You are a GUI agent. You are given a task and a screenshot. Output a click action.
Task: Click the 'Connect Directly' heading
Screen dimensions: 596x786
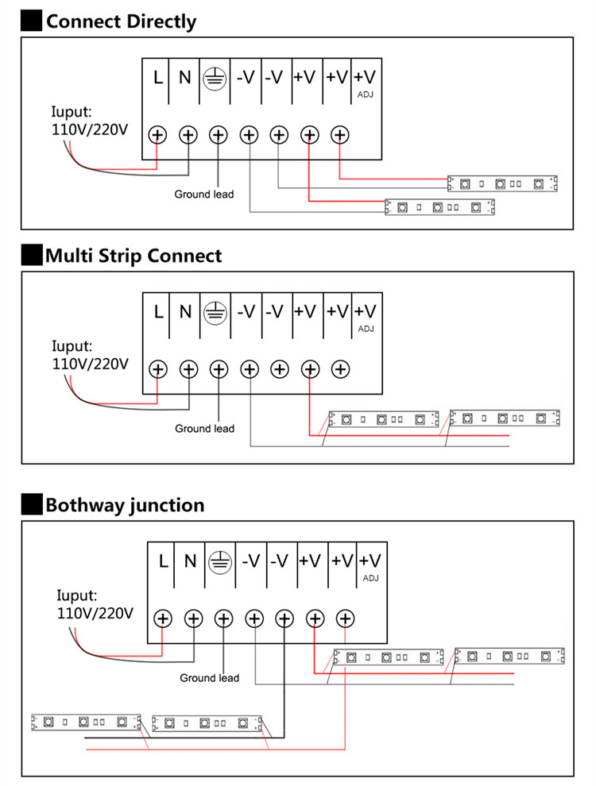[x=121, y=21]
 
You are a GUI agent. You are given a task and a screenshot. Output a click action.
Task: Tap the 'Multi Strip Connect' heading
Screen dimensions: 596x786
[x=134, y=256]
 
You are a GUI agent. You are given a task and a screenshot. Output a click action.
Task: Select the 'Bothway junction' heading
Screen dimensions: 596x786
[x=125, y=505]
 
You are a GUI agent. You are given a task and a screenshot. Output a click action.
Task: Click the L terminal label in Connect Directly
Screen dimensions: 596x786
[x=158, y=78]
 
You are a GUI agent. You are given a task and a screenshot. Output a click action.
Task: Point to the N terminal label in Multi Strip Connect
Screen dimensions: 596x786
[x=186, y=312]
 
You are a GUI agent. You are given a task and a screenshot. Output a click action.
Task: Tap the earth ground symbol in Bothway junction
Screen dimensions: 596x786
[x=220, y=561]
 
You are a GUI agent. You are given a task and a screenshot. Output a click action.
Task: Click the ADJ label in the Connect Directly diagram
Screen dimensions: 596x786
[x=366, y=94]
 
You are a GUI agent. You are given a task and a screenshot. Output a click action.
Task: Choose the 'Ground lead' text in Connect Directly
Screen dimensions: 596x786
[x=203, y=194]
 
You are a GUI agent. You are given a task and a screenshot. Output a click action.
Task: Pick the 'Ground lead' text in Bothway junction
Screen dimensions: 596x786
[x=209, y=678]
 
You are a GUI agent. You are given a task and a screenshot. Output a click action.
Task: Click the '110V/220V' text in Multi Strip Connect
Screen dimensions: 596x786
[x=91, y=364]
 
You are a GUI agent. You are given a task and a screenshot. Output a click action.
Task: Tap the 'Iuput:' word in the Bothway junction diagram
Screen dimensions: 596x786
[x=77, y=595]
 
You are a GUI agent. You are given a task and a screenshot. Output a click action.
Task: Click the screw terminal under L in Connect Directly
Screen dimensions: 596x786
[x=157, y=135]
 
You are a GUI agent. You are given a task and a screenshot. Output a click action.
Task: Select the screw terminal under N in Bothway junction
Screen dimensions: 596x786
[x=194, y=618]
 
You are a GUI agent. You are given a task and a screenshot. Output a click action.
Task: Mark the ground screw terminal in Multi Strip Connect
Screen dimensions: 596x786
[x=219, y=369]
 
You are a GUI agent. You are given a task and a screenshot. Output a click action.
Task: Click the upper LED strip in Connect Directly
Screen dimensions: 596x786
[x=502, y=183]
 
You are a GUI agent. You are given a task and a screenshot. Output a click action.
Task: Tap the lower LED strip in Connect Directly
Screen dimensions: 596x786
[x=439, y=207]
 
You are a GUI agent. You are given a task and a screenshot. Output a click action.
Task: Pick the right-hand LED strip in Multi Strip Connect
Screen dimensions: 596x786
[x=505, y=418]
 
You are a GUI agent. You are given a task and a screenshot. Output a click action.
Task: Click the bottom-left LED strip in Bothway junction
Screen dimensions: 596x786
[x=87, y=722]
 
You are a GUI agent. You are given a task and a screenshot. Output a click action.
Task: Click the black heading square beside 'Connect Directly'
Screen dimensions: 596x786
[x=31, y=21]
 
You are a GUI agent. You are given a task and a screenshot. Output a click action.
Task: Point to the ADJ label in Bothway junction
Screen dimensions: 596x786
[x=371, y=578]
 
